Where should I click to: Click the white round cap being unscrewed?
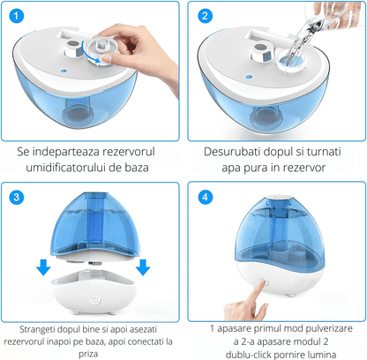click(x=94, y=44)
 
